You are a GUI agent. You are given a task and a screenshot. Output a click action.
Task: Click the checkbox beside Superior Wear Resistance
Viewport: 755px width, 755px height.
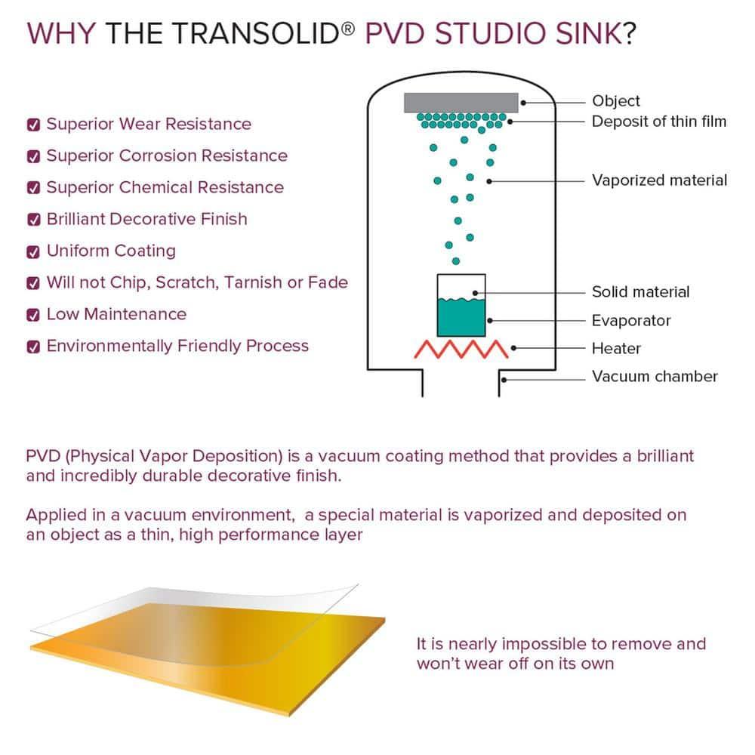(33, 125)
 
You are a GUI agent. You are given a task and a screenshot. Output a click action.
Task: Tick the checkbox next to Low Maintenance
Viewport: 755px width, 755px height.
(33, 316)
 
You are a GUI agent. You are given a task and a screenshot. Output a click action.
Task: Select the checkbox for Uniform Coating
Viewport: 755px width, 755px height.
(33, 252)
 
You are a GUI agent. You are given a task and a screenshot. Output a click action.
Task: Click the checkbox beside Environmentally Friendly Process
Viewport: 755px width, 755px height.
(33, 347)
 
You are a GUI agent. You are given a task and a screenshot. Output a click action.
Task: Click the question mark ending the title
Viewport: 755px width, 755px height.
(628, 34)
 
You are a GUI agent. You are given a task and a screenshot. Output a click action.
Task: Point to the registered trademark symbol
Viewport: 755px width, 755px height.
(348, 29)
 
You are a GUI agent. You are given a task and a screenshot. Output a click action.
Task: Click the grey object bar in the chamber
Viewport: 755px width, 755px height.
(461, 103)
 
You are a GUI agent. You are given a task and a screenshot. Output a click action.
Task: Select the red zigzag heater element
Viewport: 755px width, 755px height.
(461, 349)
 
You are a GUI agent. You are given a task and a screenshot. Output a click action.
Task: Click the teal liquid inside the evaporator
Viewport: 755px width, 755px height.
(461, 317)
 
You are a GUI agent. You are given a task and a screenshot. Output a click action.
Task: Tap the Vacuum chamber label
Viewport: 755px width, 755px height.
(655, 376)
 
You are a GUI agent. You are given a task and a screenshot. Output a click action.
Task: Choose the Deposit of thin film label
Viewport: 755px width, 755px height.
(658, 122)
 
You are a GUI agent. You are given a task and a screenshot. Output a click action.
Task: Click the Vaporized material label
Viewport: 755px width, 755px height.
(659, 180)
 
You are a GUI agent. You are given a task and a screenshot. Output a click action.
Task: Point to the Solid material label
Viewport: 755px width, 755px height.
(640, 291)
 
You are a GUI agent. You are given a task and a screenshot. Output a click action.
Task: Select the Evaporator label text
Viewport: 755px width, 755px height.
(630, 321)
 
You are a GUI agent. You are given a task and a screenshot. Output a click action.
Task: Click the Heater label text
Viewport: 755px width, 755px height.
(616, 349)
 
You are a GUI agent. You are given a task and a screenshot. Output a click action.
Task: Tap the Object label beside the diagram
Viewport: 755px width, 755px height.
(616, 101)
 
